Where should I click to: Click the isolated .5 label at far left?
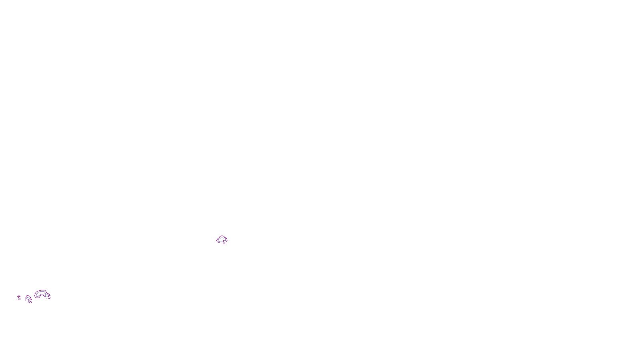point(19,298)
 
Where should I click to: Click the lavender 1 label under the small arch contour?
point(28,300)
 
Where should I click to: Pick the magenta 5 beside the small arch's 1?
point(30,302)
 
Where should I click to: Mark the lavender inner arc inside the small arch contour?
point(28,297)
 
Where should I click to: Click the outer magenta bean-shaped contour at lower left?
point(35,295)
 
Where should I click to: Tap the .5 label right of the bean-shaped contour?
point(49,297)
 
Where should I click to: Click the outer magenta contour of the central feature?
point(217,240)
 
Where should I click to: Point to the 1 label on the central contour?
point(225,239)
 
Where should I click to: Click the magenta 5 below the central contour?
point(224,242)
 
